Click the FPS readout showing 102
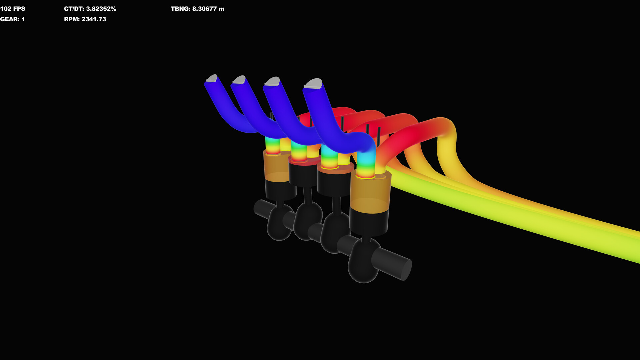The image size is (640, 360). [x=13, y=9]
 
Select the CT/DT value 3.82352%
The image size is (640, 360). [x=90, y=9]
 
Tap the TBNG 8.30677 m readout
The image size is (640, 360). [x=197, y=9]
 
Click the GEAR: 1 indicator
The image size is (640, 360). [x=12, y=19]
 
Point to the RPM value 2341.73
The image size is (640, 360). [x=85, y=19]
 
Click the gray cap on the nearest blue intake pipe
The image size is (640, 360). [x=313, y=84]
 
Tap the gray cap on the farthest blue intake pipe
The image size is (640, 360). [x=212, y=79]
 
